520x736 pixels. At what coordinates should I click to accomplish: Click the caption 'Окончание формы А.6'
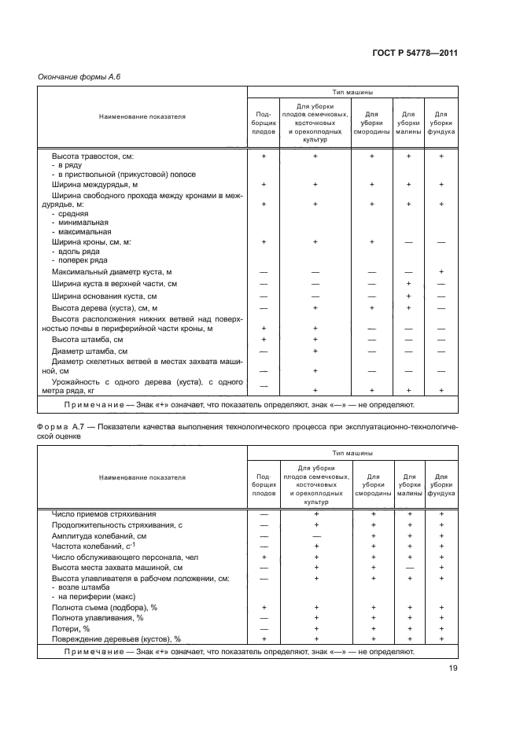tap(79, 76)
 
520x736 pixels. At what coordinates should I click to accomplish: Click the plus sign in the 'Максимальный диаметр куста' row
tap(441, 271)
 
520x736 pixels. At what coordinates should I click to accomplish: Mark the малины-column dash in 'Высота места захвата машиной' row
tap(408, 567)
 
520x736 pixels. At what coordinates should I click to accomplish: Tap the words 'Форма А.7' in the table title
tap(61, 425)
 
